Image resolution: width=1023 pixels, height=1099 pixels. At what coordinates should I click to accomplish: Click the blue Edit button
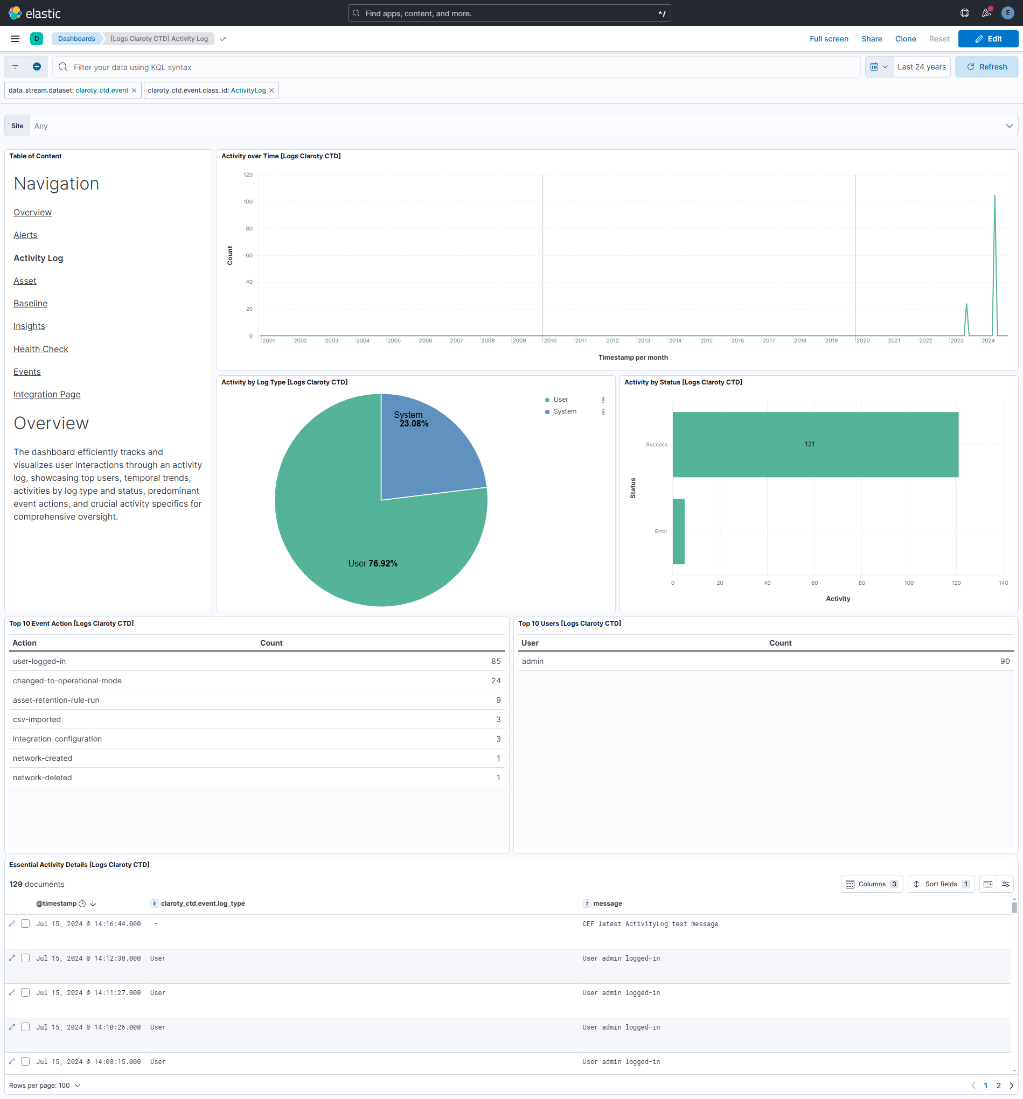[987, 39]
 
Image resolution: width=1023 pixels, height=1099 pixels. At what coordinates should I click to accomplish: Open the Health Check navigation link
[41, 349]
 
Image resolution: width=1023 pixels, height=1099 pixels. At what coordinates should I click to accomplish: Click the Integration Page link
[47, 394]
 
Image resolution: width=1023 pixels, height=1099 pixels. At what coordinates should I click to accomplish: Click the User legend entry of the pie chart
[560, 400]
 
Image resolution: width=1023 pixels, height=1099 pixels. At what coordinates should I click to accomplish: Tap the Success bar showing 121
[815, 444]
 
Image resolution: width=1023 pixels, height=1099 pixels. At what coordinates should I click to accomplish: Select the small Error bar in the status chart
[678, 531]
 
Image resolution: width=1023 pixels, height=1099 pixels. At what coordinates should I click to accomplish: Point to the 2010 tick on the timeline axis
[549, 340]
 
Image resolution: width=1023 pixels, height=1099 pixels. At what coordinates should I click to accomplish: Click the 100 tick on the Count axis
[248, 202]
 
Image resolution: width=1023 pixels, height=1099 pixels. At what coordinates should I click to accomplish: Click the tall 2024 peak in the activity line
[995, 197]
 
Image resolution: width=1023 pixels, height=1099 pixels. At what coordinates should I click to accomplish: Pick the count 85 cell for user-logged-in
[496, 661]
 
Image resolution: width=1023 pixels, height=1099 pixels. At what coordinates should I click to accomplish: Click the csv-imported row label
[37, 719]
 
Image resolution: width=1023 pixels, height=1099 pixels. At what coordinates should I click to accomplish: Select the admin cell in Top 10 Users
[533, 661]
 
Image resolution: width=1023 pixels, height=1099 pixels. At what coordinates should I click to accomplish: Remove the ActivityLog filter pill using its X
[272, 90]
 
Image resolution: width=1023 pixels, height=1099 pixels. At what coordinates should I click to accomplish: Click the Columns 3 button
[872, 884]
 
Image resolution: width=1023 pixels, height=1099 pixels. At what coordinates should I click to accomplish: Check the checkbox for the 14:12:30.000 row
[25, 958]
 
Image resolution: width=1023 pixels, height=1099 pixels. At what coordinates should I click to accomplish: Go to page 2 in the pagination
[998, 1086]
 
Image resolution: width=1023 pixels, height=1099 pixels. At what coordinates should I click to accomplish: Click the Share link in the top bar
[872, 39]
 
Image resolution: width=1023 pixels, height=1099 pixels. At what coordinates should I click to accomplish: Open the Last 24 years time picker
[921, 67]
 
